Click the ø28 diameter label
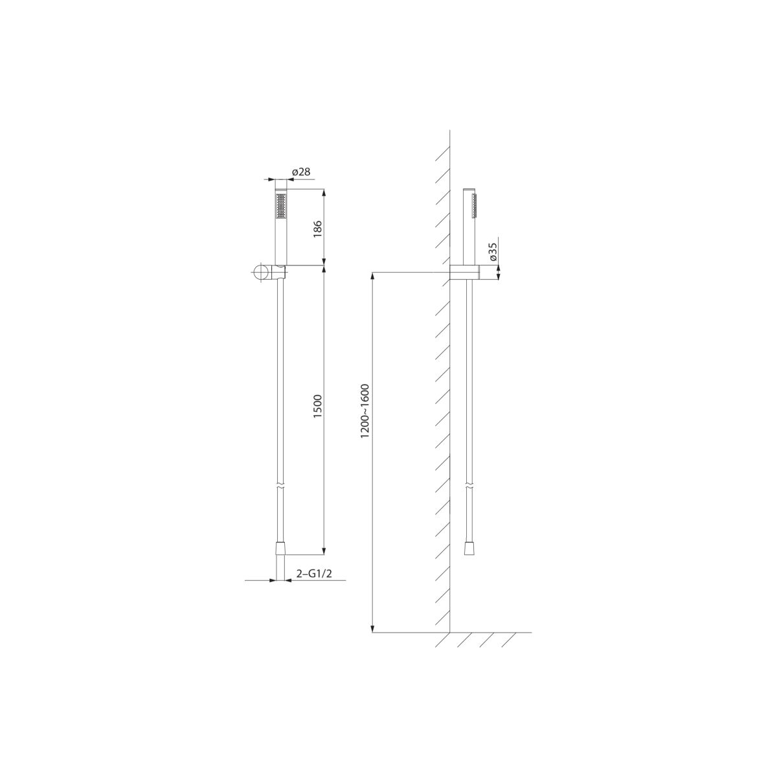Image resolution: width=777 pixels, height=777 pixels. coord(301,172)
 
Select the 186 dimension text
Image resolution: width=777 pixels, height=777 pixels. coord(318,229)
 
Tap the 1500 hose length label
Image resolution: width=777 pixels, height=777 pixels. coord(318,407)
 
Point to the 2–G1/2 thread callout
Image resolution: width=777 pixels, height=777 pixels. coord(314,574)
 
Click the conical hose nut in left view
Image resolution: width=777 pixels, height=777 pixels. coord(280,549)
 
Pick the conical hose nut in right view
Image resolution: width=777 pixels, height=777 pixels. coord(469,549)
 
